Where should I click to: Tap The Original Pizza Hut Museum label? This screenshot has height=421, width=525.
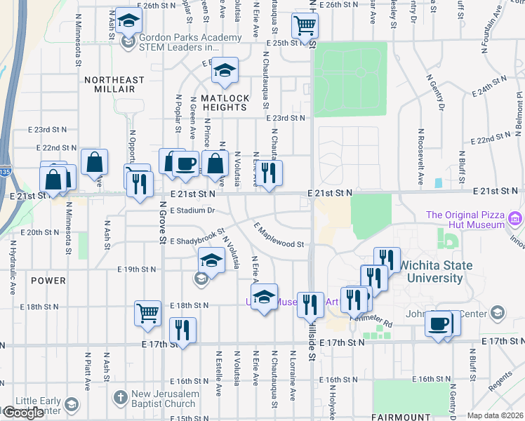pos(464,220)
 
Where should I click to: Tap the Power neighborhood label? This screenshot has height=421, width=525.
pos(48,281)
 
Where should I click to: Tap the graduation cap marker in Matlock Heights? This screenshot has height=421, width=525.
pos(225,70)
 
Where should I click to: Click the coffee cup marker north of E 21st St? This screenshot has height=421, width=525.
pos(185,163)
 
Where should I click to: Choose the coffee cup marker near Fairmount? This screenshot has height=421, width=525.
pos(439,323)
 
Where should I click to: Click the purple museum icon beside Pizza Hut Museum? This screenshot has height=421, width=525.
pos(516,220)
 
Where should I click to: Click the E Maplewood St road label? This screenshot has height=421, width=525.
pos(279,236)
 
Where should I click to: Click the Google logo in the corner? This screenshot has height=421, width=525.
pos(23,413)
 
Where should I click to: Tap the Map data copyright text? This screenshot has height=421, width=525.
pos(495,415)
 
